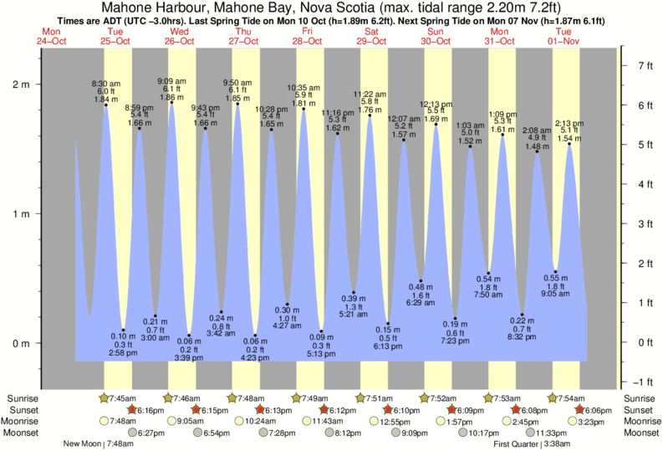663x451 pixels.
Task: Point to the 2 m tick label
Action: (21, 85)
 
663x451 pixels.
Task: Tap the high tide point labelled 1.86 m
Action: (171, 102)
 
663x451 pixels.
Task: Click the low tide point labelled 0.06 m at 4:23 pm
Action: (255, 336)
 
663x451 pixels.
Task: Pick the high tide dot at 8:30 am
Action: (106, 105)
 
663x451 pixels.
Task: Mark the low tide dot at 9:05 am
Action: (555, 272)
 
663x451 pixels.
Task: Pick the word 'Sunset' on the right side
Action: (640, 410)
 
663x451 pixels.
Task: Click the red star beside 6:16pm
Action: (132, 410)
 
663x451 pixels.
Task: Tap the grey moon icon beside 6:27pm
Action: (131, 433)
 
